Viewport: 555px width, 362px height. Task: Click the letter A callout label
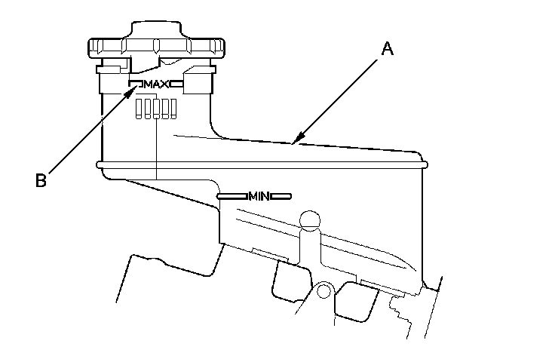point(387,49)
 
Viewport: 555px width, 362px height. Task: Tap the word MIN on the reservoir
point(259,196)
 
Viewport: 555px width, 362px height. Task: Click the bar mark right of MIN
point(281,196)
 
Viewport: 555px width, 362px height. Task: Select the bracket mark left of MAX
point(136,82)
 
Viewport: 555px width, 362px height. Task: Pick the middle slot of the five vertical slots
point(155,109)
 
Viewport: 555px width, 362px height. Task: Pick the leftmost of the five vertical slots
point(138,109)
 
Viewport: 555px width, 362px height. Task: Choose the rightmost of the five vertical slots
point(173,109)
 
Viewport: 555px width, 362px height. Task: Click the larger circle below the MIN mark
point(309,220)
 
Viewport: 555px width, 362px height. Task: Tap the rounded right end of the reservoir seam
point(425,164)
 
